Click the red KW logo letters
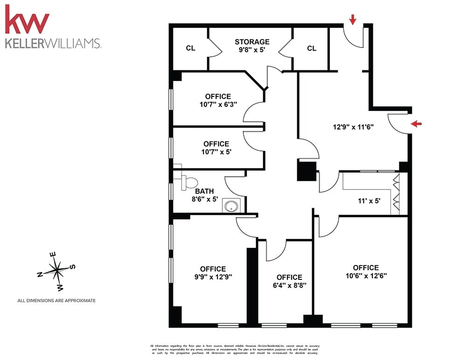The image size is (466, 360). pyautogui.click(x=27, y=21)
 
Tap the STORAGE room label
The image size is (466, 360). pyautogui.click(x=252, y=42)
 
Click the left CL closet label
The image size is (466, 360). pyautogui.click(x=190, y=48)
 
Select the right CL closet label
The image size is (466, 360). pyautogui.click(x=311, y=48)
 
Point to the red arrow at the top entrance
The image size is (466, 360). pyautogui.click(x=353, y=19)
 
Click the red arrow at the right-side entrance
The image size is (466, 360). pyautogui.click(x=417, y=123)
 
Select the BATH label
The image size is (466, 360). pyautogui.click(x=204, y=191)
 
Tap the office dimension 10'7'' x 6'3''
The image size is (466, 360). pyautogui.click(x=218, y=104)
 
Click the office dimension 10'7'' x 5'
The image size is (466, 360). pyautogui.click(x=216, y=151)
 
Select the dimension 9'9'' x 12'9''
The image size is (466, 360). pyautogui.click(x=213, y=276)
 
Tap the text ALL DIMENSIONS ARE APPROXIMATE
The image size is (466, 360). pyautogui.click(x=56, y=300)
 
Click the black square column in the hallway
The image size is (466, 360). pyautogui.click(x=307, y=170)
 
